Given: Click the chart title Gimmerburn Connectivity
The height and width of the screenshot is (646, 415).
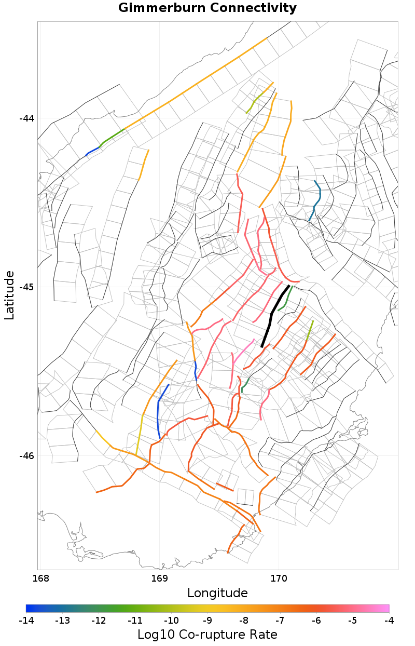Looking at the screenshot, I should tap(208, 8).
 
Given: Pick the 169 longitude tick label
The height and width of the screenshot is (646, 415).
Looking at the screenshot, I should tap(159, 577).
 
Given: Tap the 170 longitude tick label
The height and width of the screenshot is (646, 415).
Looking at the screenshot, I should tap(279, 577).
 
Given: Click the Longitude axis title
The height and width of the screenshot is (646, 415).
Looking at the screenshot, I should tap(217, 593).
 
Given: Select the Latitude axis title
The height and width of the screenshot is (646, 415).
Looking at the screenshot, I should tap(9, 295).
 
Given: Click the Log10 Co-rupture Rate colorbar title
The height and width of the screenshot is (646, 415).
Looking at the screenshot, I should tap(208, 635).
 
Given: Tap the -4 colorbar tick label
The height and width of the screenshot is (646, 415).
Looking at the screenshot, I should tap(389, 621).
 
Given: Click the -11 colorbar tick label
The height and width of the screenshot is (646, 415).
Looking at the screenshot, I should tap(135, 621).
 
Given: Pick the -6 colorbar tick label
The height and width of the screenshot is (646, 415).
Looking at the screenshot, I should tap(316, 621).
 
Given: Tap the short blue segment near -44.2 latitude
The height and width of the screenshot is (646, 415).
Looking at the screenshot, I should tap(92, 152).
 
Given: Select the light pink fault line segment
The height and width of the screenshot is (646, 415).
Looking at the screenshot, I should tap(244, 351).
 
